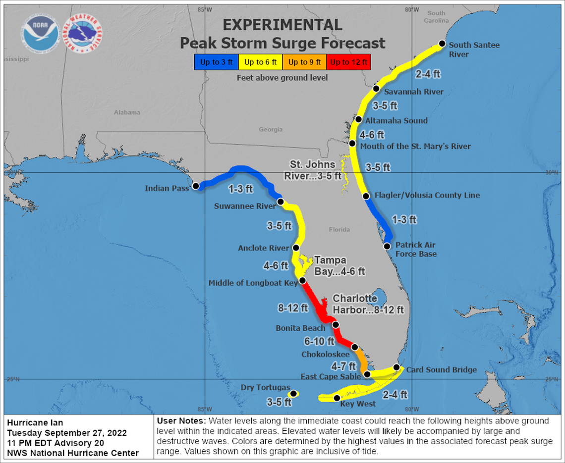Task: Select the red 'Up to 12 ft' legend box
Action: tap(349, 62)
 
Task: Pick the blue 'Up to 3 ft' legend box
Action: tap(216, 62)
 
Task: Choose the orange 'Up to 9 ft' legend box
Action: tap(305, 62)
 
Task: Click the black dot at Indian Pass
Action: tap(196, 186)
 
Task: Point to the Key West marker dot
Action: tap(337, 398)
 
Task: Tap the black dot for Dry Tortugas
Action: tap(293, 394)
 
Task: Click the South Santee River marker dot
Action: tap(441, 44)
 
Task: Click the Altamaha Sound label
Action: tap(396, 120)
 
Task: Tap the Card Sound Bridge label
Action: tap(441, 369)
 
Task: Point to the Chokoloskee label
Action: tap(326, 355)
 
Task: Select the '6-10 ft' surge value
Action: tap(319, 341)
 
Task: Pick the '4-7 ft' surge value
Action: tap(343, 366)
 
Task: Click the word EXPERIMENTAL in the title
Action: tap(282, 25)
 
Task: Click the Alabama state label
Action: tap(127, 112)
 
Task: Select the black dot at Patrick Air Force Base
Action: tap(387, 246)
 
